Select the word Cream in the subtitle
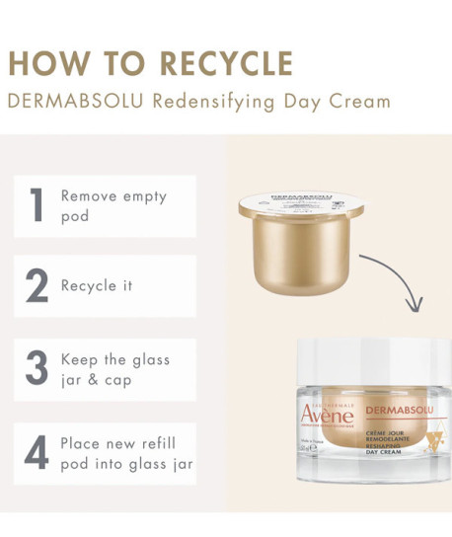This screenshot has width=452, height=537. (x=359, y=101)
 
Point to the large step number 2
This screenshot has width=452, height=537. (x=37, y=286)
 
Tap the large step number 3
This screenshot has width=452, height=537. (x=37, y=368)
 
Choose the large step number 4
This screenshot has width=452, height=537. (x=37, y=450)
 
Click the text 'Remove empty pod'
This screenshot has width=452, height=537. (x=113, y=205)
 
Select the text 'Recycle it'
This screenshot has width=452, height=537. (x=97, y=286)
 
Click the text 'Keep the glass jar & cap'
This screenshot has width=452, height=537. (x=114, y=369)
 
